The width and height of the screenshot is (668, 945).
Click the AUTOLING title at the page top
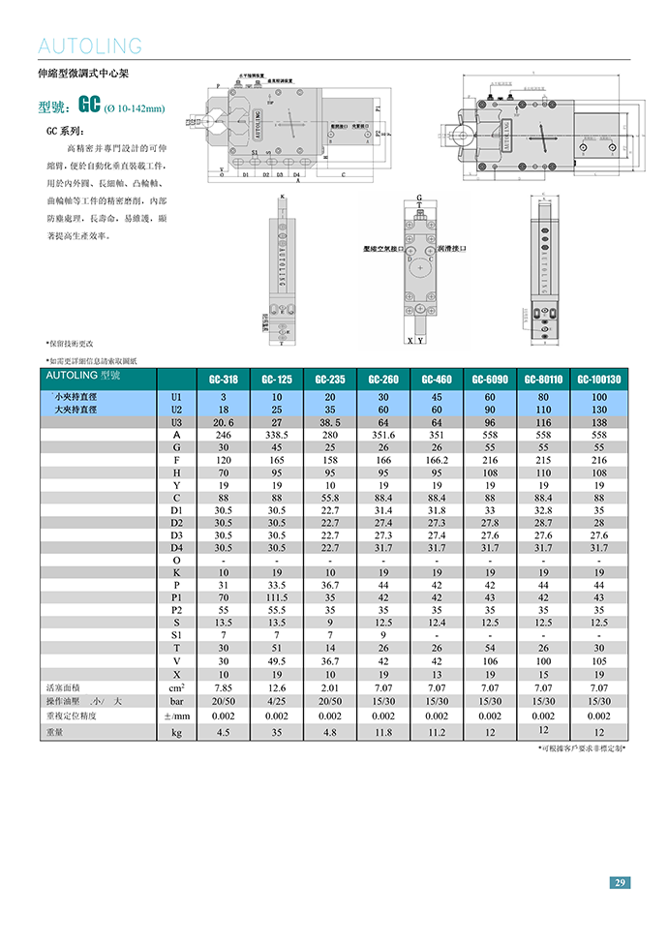[90, 46]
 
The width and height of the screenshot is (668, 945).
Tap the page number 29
[620, 882]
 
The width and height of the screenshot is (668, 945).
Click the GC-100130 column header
[599, 380]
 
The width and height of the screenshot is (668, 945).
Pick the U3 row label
[176, 423]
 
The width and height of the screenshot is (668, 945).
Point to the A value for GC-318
[223, 436]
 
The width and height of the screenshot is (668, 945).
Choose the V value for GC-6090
[490, 661]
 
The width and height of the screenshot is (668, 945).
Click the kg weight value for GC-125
[277, 733]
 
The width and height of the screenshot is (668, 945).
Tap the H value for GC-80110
[544, 473]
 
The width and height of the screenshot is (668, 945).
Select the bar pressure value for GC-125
[277, 700]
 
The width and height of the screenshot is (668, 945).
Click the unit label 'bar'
[176, 700]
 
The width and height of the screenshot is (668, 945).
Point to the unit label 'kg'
[176, 733]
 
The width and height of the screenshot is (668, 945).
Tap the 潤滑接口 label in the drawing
[454, 249]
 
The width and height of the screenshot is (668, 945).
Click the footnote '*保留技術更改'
[70, 344]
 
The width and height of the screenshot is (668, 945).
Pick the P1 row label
[176, 598]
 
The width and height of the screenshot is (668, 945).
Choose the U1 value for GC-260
[382, 398]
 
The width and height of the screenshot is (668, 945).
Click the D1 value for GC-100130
[599, 510]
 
